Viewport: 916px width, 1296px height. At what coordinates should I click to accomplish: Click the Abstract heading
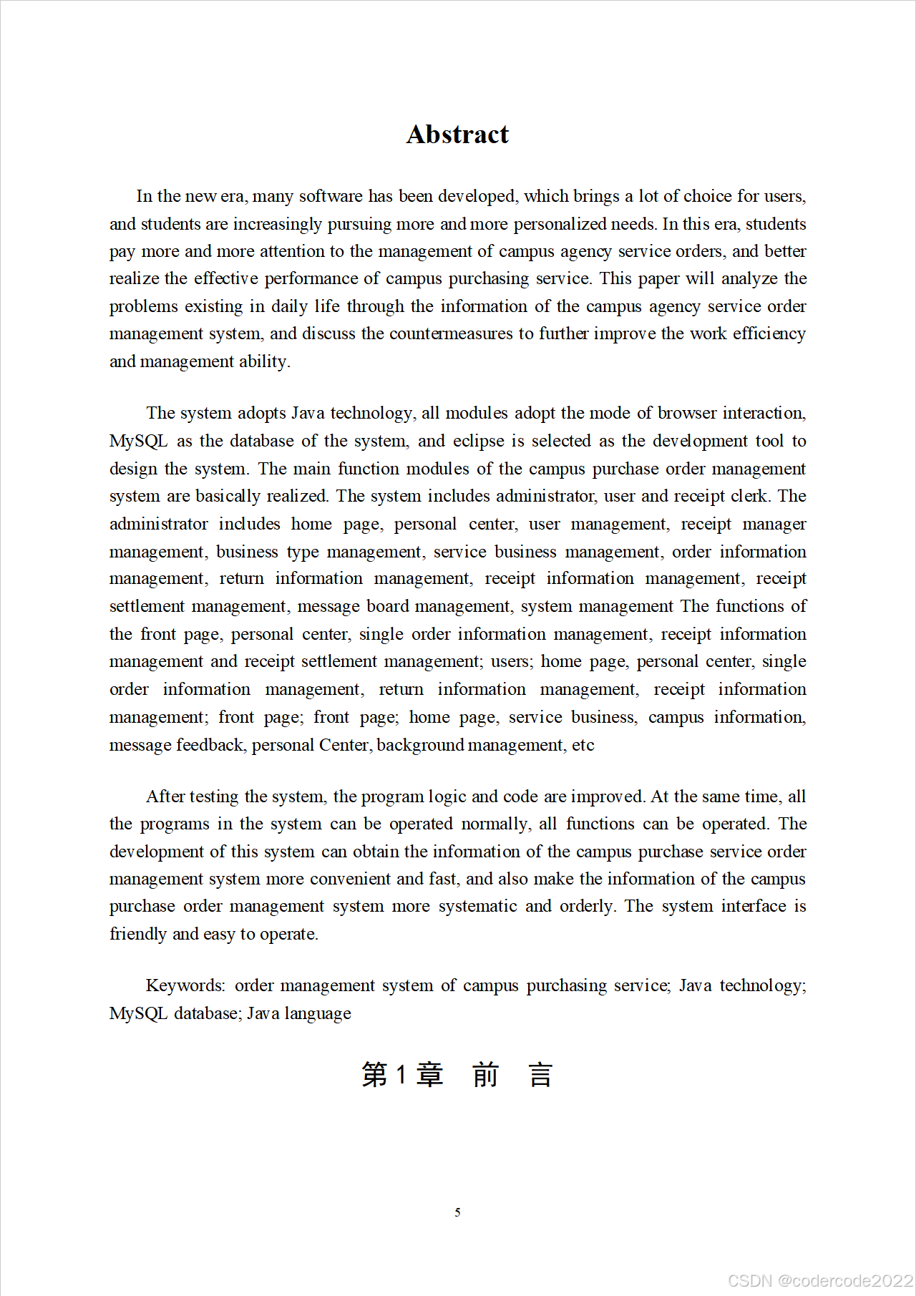[x=457, y=135]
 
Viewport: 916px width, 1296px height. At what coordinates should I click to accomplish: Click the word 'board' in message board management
[x=387, y=606]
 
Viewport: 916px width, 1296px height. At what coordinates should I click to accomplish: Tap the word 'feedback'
[x=210, y=745]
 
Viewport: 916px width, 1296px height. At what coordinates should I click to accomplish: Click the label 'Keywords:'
[x=185, y=985]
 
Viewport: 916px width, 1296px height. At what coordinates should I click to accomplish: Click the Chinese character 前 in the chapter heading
[x=485, y=1075]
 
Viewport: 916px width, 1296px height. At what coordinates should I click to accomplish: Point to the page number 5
[x=457, y=1212]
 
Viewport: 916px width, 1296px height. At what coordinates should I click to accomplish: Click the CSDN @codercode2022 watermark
[x=820, y=1281]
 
